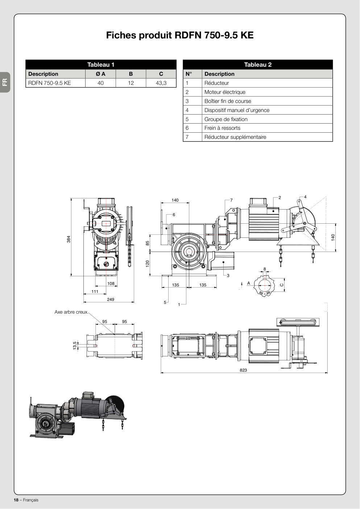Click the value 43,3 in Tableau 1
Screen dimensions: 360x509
[161, 83]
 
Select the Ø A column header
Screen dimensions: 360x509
[100, 74]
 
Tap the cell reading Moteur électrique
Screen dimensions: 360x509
[225, 92]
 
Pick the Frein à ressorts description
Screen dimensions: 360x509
[222, 128]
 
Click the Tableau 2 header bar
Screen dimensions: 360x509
[258, 65]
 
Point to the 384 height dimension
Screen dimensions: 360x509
[69, 239]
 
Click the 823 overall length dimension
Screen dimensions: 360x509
[243, 370]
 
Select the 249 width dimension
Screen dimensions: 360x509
[111, 299]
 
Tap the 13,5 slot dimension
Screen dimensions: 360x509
[75, 345]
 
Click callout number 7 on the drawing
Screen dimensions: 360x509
[231, 200]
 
